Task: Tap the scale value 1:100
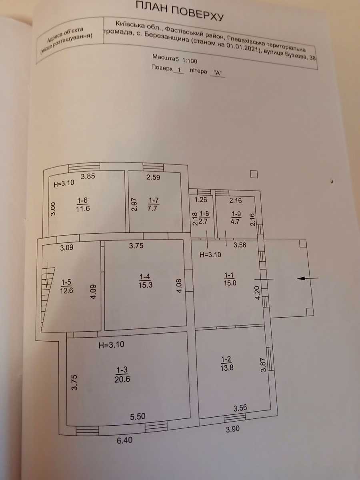[189, 60]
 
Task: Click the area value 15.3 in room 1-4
[145, 285]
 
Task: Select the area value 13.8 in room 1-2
[227, 368]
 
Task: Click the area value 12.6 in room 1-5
[66, 291]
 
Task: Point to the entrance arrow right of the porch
[308, 278]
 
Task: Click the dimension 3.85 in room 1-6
[88, 176]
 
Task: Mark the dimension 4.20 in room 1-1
[257, 293]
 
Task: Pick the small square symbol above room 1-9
[254, 174]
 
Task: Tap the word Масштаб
[166, 58]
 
